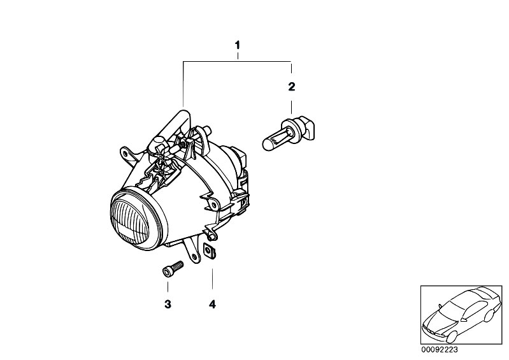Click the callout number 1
coord(238,45)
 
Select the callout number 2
coord(292,87)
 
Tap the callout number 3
coord(168,305)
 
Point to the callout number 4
coord(212,305)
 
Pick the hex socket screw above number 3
coord(173,269)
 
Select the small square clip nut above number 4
coord(210,251)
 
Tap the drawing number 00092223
coord(440,350)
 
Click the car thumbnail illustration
coord(461,315)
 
